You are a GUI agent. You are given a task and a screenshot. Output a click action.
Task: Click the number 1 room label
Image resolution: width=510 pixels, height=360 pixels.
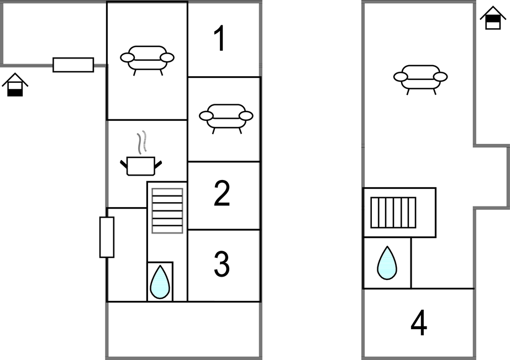point(220,38)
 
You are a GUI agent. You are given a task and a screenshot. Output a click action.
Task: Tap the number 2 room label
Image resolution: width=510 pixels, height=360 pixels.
point(222,193)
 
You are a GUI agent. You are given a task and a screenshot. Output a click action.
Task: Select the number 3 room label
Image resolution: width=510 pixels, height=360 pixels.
point(222,264)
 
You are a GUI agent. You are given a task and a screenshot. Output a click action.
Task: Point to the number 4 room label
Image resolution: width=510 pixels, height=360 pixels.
point(419,322)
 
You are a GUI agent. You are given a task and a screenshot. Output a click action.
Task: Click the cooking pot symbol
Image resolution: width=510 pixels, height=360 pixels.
point(140,166)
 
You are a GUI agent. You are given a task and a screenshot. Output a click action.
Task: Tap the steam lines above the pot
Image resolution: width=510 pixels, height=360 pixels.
point(141,142)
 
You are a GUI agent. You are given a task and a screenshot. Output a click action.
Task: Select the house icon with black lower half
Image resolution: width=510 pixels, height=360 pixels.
point(15,85)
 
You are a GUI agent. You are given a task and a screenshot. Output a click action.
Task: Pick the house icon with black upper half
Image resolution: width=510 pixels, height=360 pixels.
point(493,18)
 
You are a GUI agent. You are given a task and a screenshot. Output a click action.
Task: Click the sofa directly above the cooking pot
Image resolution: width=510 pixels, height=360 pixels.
point(147,60)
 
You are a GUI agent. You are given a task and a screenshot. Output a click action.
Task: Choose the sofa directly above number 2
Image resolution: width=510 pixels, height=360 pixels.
point(226,119)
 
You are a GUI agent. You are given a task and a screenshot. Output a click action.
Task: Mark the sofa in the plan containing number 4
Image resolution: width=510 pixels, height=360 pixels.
point(420,80)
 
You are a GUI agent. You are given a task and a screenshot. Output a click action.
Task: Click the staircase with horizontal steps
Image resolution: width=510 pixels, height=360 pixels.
point(167,210)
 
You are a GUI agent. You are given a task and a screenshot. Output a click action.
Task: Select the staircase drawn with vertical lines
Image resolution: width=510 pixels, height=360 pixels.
point(393,213)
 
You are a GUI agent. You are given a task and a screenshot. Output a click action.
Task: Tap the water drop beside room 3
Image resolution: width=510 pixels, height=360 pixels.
point(160,282)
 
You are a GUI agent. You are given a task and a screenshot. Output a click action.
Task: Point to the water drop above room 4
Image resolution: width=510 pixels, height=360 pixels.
point(387,263)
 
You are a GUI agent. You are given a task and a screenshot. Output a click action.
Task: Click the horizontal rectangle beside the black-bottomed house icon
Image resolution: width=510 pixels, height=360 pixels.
point(73,65)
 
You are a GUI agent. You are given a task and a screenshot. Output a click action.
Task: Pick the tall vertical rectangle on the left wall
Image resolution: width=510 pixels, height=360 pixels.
point(107,237)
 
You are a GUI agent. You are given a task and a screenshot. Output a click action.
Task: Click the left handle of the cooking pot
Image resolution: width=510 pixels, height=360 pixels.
point(124,164)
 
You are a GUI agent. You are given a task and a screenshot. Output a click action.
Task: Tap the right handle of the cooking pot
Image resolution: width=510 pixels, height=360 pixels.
point(157,164)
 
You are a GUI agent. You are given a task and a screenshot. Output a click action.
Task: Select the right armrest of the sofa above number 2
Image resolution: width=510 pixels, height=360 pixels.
point(246,115)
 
